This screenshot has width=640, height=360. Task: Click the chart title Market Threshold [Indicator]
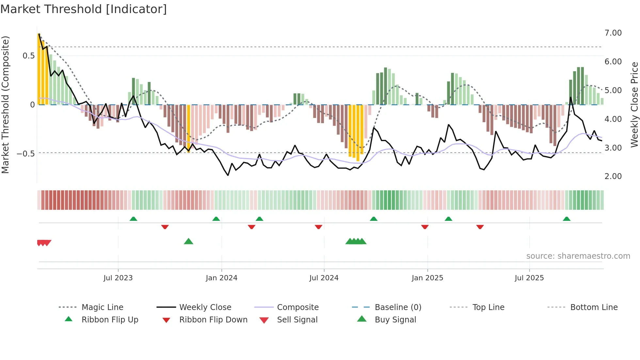click(x=84, y=9)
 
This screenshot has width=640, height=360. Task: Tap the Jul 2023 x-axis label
click(x=118, y=278)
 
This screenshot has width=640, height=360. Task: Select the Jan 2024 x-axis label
click(x=221, y=278)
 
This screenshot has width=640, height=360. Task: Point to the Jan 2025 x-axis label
click(x=427, y=278)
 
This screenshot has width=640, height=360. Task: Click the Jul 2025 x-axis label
click(x=529, y=278)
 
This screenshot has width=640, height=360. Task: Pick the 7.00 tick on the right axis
click(x=613, y=33)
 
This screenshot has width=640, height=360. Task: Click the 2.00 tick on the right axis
click(x=613, y=176)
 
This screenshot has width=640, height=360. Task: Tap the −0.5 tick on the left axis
click(x=25, y=154)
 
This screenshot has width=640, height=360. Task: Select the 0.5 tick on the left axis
click(x=28, y=56)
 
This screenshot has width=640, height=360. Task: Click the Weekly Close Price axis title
click(x=634, y=105)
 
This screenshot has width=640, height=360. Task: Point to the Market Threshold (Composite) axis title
click(x=5, y=105)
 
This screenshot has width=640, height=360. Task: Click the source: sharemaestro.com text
click(x=578, y=256)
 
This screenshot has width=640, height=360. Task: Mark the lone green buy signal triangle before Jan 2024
click(x=188, y=241)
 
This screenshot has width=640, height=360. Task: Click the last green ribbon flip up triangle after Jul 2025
click(x=567, y=219)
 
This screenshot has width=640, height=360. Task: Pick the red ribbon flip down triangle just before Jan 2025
click(x=424, y=227)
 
